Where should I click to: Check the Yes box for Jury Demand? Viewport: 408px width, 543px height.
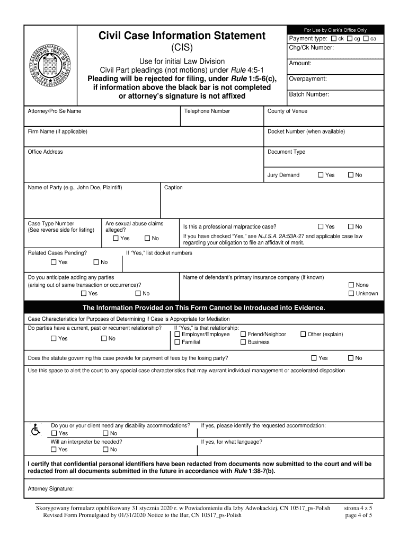point(320,175)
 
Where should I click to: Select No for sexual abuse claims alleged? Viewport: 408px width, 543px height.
point(147,238)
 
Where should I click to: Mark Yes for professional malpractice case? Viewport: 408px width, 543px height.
point(320,226)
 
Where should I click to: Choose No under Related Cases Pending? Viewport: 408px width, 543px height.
point(96,262)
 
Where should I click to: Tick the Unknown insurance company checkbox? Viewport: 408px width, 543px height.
point(351,293)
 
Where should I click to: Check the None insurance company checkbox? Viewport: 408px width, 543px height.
point(351,285)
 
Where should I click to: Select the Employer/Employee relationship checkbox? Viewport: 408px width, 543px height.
point(178,334)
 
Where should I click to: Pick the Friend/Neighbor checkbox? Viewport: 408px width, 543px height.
point(243,334)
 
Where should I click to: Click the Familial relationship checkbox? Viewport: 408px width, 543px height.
point(178,342)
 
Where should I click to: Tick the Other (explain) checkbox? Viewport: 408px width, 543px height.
point(303,334)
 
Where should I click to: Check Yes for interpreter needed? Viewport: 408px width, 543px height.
point(54,450)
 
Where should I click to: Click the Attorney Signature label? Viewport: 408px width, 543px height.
point(50,488)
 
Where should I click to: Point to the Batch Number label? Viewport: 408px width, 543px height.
point(309,94)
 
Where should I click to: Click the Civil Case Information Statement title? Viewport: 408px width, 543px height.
point(182,36)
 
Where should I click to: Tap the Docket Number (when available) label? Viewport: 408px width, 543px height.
point(306,132)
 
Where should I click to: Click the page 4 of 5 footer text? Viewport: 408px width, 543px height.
point(358,515)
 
